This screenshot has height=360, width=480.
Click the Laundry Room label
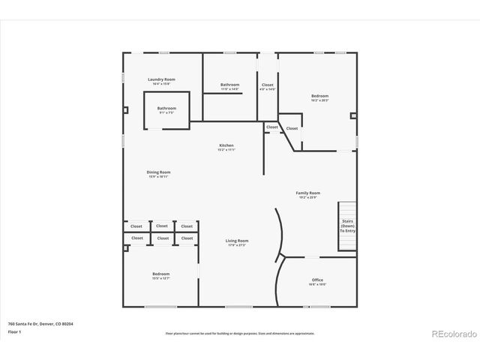coord(161,79)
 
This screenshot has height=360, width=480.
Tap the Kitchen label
coord(226,145)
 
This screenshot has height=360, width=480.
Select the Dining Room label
coord(158,172)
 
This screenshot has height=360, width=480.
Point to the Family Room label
coord(308,193)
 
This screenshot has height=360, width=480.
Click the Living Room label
coord(237,241)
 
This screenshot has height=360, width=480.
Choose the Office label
coord(318,280)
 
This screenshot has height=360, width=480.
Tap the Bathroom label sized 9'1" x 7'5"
coord(166,108)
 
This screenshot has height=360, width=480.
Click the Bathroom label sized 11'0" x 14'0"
coord(229,85)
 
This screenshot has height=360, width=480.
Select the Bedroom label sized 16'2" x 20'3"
coord(319,95)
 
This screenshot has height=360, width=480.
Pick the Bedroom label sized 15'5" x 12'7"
coord(160,274)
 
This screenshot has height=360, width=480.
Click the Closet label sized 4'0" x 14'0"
coord(268,85)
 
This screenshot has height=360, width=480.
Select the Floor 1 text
coord(13,331)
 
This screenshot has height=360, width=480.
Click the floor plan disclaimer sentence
coord(239,333)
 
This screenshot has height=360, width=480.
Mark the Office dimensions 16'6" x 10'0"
coord(318,285)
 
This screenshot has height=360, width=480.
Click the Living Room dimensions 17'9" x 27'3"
coord(237,245)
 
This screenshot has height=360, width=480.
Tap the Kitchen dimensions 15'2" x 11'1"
coord(226,150)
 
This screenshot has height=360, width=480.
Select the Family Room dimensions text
coord(308,197)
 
